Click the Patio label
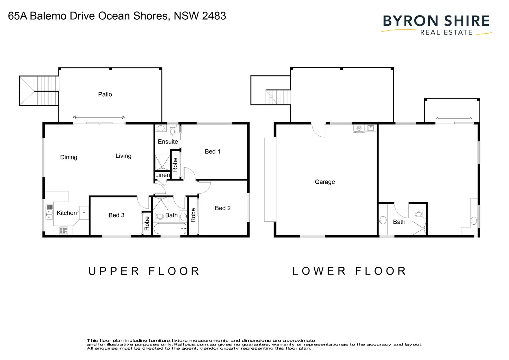(105, 94)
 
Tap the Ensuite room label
(168, 141)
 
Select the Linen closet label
(163, 175)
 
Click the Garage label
(325, 182)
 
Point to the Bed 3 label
(117, 215)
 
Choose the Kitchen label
(67, 213)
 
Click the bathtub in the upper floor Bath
(170, 228)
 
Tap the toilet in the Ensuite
(173, 130)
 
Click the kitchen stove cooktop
(64, 230)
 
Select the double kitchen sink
(49, 215)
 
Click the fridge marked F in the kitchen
(83, 213)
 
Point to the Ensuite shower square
(163, 163)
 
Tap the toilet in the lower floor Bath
(419, 214)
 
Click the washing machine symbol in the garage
(359, 128)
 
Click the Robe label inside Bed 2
(193, 215)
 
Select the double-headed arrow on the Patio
(99, 117)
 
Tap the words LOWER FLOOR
(349, 271)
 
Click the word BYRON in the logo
(410, 21)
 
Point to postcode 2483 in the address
(214, 16)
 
